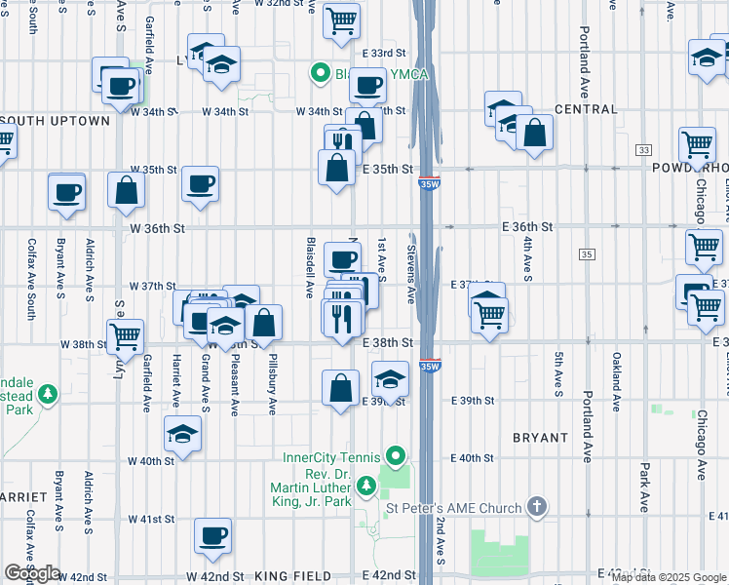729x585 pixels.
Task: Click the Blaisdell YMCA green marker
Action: [319, 72]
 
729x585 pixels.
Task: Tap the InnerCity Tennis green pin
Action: [394, 456]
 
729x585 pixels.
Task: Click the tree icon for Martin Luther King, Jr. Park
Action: [366, 485]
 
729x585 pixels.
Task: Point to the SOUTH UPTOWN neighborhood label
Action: [58, 121]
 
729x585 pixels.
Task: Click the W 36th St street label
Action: [157, 229]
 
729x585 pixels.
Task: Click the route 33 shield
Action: [643, 150]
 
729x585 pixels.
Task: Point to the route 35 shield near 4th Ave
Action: [586, 254]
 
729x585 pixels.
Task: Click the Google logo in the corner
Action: [32, 573]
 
